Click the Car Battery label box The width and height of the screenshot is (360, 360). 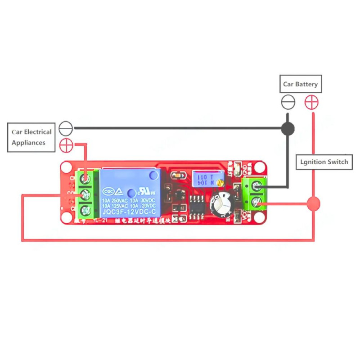point(301,84)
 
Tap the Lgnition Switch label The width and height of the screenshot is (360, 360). point(324,162)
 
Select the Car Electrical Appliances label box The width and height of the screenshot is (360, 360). point(31,137)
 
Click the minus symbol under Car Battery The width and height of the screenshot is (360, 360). point(288,102)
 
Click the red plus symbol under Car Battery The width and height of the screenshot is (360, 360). point(311,102)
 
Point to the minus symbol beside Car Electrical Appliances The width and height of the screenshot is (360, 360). point(66,128)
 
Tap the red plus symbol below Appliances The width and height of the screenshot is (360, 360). point(66,145)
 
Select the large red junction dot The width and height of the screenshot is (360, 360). point(314,203)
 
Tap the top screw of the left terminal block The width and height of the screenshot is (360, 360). point(85,179)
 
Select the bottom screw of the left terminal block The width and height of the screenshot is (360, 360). point(85,210)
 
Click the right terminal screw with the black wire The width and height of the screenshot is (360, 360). point(257,185)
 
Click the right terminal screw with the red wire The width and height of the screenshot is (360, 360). point(257,202)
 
